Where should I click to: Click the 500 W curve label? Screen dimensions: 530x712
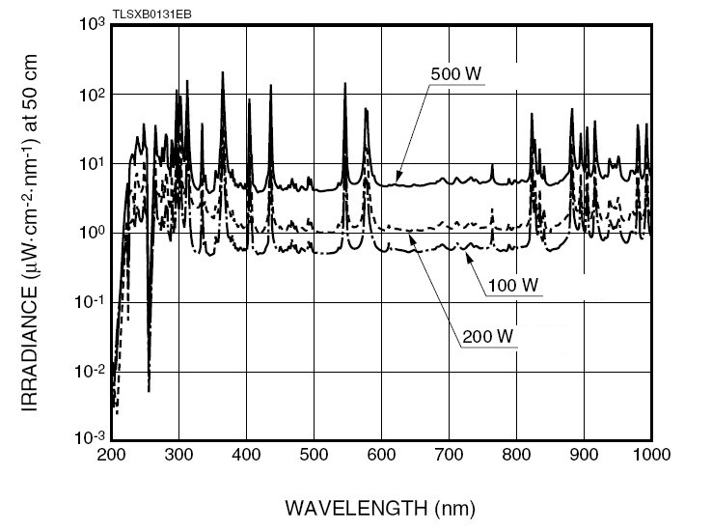pos(456,75)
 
